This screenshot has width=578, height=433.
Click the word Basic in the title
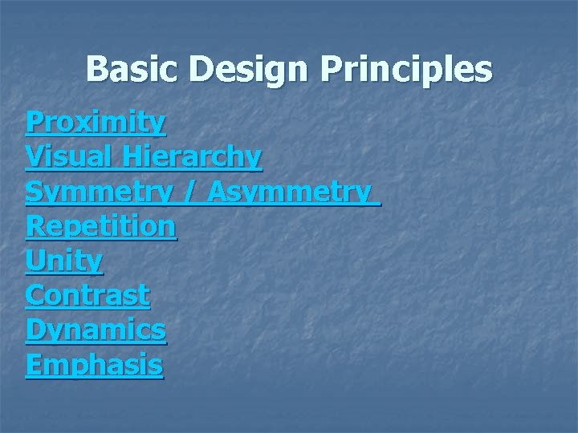[133, 69]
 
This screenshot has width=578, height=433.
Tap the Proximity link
[96, 123]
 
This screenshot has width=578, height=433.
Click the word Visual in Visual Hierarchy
[70, 157]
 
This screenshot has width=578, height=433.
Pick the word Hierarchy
[192, 157]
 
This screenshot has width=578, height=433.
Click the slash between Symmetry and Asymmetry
[191, 192]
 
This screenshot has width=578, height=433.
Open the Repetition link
[100, 226]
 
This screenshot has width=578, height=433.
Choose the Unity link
[64, 261]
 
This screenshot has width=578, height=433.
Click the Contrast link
[88, 295]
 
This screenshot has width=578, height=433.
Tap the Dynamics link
[96, 330]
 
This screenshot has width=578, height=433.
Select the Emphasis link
[94, 365]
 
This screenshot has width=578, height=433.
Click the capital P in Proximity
[34, 123]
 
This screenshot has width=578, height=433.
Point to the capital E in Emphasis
[34, 365]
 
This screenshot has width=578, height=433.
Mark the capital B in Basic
[97, 69]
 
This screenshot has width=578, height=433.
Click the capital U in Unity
[35, 261]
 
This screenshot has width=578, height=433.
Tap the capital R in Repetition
[35, 226]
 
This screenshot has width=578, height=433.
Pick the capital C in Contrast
[35, 295]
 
